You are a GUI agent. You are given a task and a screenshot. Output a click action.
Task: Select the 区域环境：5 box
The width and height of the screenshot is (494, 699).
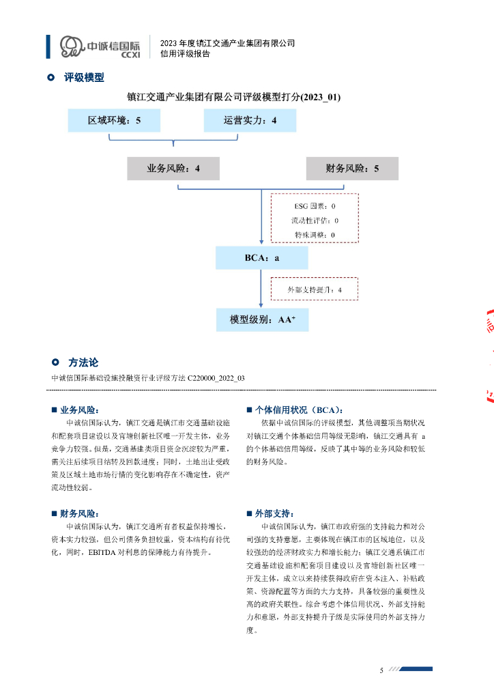(x=114, y=121)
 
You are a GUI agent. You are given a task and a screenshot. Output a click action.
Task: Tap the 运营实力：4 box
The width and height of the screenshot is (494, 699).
(x=250, y=121)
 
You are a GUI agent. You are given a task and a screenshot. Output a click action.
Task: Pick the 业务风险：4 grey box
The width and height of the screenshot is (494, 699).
(x=173, y=169)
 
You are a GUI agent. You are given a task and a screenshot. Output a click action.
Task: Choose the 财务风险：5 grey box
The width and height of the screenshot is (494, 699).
(x=352, y=169)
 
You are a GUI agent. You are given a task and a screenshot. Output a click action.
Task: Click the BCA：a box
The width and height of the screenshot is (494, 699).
(x=262, y=259)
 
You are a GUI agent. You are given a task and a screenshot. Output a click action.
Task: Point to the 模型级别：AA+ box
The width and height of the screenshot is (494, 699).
(x=262, y=319)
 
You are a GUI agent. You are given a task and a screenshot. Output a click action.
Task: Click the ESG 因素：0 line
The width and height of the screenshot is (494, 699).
(x=314, y=205)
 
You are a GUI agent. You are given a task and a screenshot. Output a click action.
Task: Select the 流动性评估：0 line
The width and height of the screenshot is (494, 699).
(x=314, y=220)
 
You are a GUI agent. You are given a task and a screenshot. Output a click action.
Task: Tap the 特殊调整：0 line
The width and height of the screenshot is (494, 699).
(x=314, y=235)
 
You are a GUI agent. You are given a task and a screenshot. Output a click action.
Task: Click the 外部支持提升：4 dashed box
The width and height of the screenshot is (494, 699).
(x=314, y=289)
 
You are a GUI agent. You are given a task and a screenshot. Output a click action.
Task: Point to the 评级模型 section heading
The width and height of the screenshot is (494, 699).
(x=84, y=78)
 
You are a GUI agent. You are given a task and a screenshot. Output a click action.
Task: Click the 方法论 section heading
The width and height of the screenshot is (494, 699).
(x=83, y=362)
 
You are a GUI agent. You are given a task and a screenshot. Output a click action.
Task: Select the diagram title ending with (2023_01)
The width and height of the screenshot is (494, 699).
(x=233, y=98)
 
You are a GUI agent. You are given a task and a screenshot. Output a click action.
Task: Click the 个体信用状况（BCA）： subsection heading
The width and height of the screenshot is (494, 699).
(x=297, y=410)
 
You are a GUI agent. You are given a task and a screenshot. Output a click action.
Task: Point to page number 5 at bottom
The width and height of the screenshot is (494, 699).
(x=382, y=670)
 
